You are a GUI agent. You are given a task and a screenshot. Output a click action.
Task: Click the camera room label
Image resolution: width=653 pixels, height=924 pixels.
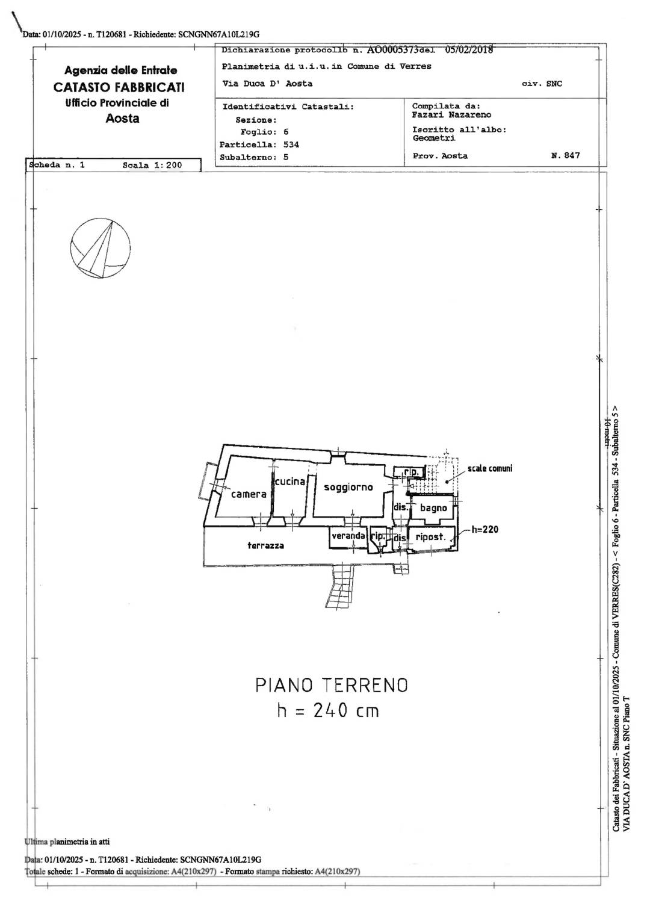(x=249, y=494)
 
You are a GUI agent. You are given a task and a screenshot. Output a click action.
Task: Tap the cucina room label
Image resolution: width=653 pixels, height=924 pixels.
(x=290, y=482)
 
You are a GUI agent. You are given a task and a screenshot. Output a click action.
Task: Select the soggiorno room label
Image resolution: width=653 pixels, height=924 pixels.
(x=348, y=488)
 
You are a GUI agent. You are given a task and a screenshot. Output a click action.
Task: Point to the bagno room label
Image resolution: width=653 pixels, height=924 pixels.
(x=433, y=508)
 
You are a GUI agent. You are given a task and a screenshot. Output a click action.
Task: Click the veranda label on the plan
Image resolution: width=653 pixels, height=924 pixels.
(x=348, y=535)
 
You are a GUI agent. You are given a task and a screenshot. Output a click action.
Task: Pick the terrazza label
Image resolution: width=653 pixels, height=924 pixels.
(x=265, y=545)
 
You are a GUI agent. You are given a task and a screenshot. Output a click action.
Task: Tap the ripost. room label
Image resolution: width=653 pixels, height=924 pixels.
(x=431, y=537)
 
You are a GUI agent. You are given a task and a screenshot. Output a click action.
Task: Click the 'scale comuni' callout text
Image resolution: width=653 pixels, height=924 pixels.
(x=490, y=468)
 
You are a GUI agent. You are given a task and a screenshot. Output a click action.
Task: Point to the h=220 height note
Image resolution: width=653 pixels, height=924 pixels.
(x=484, y=529)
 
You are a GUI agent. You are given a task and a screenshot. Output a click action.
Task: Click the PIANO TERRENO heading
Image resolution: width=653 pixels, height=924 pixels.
(x=332, y=685)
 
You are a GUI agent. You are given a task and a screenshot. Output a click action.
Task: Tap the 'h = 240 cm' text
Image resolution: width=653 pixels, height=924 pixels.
(x=328, y=710)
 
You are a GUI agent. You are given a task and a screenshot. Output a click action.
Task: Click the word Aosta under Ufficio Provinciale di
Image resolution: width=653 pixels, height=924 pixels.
(x=123, y=119)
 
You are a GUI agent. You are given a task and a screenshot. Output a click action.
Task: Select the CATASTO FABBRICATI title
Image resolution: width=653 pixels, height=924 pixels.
(x=119, y=87)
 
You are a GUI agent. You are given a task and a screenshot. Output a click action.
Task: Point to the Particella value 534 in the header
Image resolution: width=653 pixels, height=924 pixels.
(x=291, y=145)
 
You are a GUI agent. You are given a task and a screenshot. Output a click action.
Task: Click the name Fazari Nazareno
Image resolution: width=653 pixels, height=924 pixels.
(x=452, y=115)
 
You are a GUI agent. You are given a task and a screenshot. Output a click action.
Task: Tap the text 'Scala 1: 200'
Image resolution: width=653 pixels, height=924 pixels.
(x=152, y=165)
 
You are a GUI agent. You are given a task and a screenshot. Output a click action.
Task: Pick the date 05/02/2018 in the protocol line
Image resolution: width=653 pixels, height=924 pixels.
(x=469, y=50)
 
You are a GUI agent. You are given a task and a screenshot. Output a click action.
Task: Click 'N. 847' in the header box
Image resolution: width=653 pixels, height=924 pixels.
(x=566, y=155)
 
